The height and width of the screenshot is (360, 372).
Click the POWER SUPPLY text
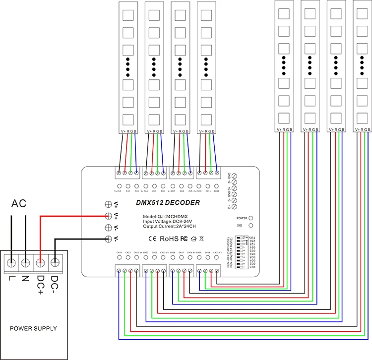pos(34,328)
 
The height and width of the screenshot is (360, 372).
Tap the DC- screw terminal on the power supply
pos(55,260)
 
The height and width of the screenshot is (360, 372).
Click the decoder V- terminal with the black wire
pos(108,239)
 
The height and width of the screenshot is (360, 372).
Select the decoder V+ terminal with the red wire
pos(108,216)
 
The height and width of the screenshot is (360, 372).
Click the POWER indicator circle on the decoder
pos(251,218)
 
